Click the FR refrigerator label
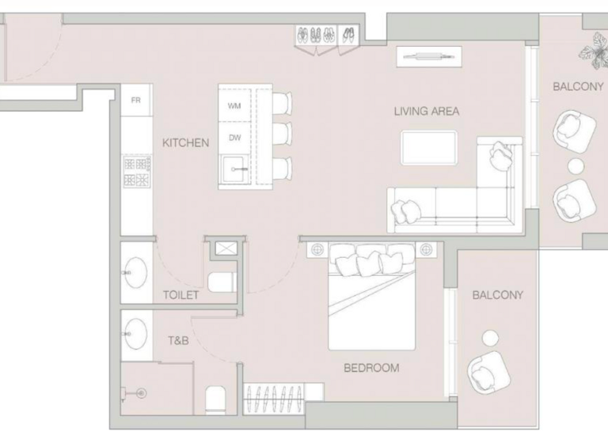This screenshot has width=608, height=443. coord(135,100)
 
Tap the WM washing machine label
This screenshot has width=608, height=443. coord(234,106)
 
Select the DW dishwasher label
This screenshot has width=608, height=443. coord(234,138)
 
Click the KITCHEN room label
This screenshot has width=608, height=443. coord(185,143)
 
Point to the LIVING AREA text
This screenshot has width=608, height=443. coord(426,112)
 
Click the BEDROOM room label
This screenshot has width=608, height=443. coord(370,368)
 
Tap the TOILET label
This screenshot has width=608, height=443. coord(180,295)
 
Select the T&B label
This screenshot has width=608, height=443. coord(177,342)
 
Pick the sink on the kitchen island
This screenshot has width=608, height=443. coord(235,168)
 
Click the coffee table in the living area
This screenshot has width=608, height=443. coord(428,148)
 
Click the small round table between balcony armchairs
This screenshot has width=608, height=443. coord(576,165)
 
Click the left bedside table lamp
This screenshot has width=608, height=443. coord(317,250)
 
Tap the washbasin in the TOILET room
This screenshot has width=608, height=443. coord(135,274)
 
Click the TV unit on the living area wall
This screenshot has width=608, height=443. coord(427,55)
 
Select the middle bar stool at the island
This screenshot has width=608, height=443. coord(282,134)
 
